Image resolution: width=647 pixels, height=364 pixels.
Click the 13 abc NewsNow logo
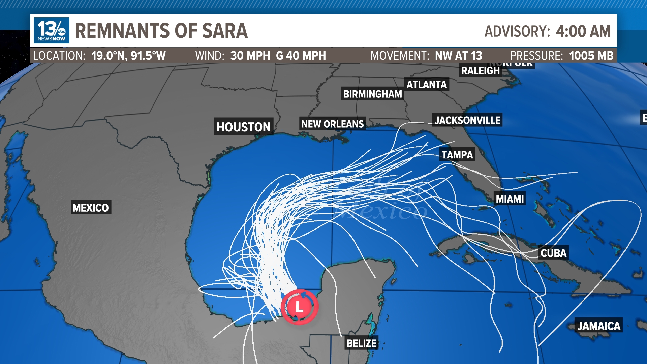pyautogui.click(x=52, y=30)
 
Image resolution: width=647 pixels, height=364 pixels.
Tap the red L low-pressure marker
pyautogui.click(x=299, y=307)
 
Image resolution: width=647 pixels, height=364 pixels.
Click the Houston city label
pyautogui.click(x=243, y=127)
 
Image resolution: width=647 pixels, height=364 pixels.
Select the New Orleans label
pyautogui.click(x=332, y=124)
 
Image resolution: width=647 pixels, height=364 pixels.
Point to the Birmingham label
pyautogui.click(x=372, y=94)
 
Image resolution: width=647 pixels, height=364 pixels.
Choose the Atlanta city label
pyautogui.click(x=427, y=84)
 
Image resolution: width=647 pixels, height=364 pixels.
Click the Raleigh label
pyautogui.click(x=480, y=71)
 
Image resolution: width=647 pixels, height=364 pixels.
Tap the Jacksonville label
pyautogui.click(x=467, y=120)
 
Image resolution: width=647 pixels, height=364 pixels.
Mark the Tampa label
pyautogui.click(x=457, y=155)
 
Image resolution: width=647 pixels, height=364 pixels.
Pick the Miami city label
pyautogui.click(x=510, y=199)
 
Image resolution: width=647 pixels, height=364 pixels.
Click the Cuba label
pyautogui.click(x=553, y=253)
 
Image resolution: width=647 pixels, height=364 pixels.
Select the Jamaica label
pyautogui.click(x=599, y=326)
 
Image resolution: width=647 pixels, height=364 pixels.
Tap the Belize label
pyautogui.click(x=362, y=343)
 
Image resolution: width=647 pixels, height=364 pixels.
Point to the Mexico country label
pyautogui.click(x=91, y=208)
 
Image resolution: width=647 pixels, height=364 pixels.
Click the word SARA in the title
pyautogui.click(x=224, y=31)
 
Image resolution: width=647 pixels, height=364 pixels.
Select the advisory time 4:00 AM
pyautogui.click(x=583, y=31)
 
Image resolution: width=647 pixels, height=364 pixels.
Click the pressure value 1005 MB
pyautogui.click(x=591, y=56)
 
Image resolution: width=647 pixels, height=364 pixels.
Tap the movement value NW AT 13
pyautogui.click(x=458, y=56)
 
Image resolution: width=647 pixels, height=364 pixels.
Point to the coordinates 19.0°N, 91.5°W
pyautogui.click(x=128, y=56)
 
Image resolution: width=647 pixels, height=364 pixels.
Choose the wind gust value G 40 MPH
pyautogui.click(x=301, y=56)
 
